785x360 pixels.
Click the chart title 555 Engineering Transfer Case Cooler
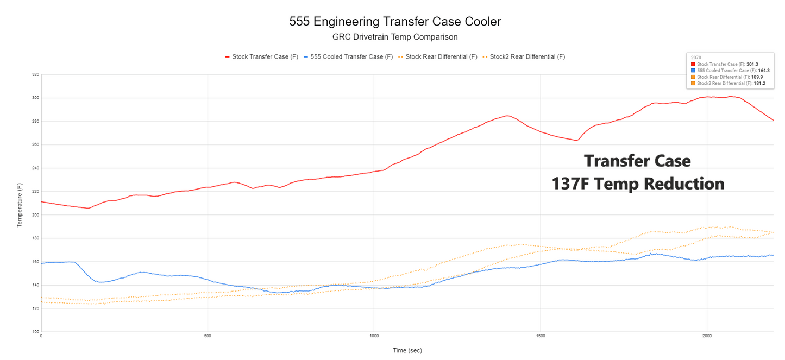pyautogui.click(x=395, y=22)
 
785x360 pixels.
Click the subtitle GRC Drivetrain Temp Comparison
pyautogui.click(x=395, y=37)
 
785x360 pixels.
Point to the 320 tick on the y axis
pyautogui.click(x=36, y=74)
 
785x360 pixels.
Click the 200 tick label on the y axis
pyautogui.click(x=36, y=214)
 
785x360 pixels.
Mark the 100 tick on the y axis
pyautogui.click(x=36, y=331)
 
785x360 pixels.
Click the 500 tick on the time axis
pyautogui.click(x=208, y=336)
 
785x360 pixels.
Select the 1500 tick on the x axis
pyautogui.click(x=540, y=336)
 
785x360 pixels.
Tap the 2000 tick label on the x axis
pyautogui.click(x=706, y=336)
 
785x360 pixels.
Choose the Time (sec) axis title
pyautogui.click(x=407, y=350)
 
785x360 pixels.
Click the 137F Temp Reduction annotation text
pyautogui.click(x=638, y=184)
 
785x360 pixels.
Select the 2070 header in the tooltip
pyautogui.click(x=694, y=58)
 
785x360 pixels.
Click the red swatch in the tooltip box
pyautogui.click(x=693, y=64)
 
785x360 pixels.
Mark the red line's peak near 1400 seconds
pyautogui.click(x=506, y=116)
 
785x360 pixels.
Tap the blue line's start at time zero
pyautogui.click(x=42, y=263)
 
